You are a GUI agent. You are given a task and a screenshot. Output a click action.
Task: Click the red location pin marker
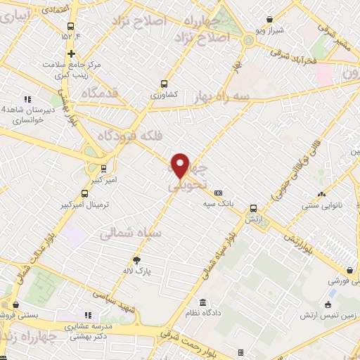(181, 165)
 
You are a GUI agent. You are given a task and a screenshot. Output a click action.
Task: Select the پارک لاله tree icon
(137, 259)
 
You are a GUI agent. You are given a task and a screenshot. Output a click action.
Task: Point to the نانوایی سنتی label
(322, 206)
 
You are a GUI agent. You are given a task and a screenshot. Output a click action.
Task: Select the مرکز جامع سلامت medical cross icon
(71, 53)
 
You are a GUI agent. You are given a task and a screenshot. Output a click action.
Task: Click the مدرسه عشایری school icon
(88, 316)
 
